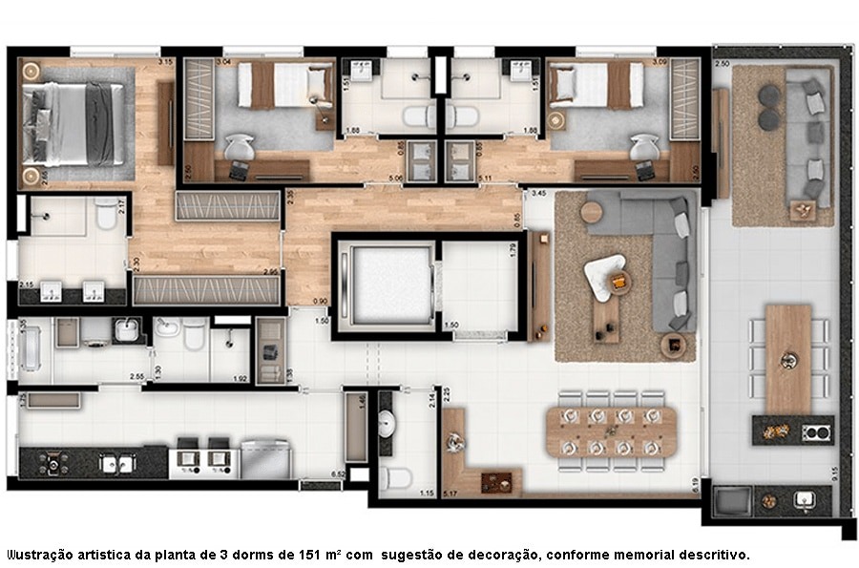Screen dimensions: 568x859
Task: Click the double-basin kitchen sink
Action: click(118, 463)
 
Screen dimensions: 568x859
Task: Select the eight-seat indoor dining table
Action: click(611, 429)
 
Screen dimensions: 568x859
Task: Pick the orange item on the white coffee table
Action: click(619, 281)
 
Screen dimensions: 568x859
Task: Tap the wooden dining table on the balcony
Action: click(788, 358)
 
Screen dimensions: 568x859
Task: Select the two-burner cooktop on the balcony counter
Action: click(815, 431)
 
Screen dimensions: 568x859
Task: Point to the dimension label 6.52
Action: click(337, 474)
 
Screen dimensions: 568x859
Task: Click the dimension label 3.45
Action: click(537, 194)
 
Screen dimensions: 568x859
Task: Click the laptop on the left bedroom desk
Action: click(238, 169)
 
